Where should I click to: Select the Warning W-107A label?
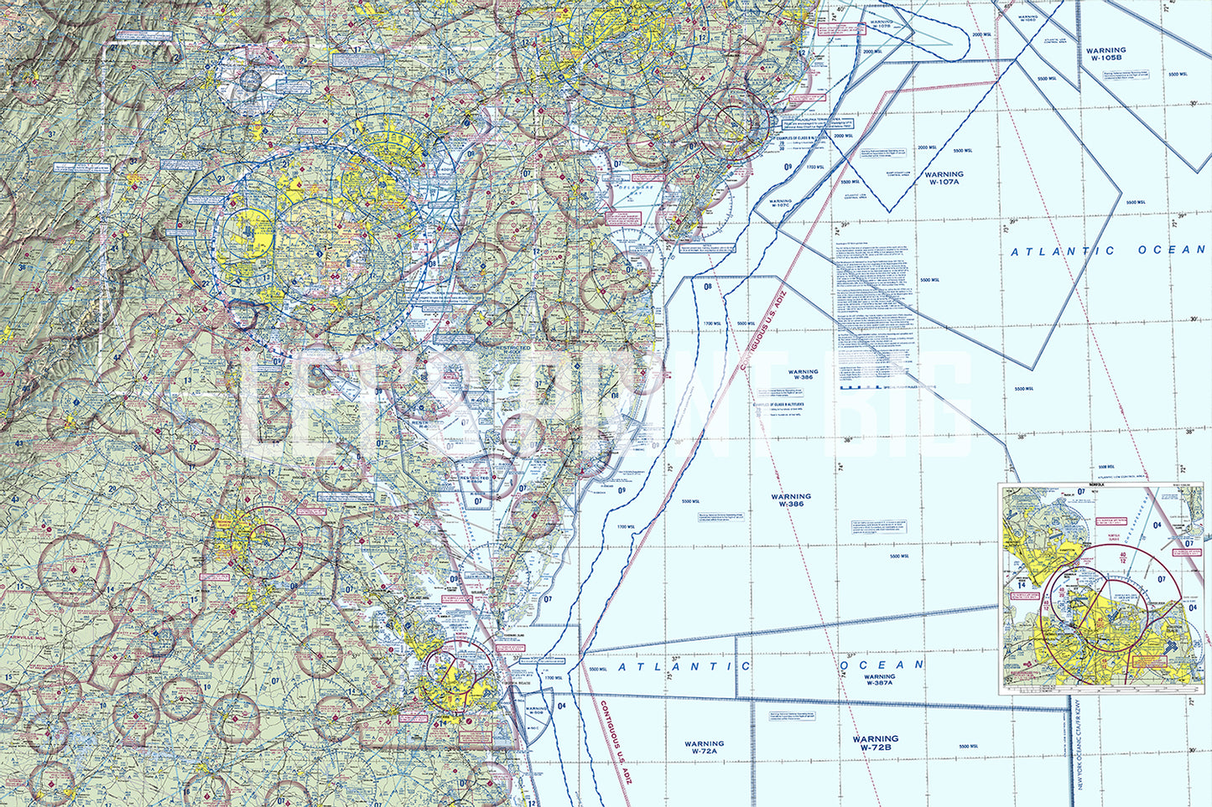pyautogui.click(x=944, y=178)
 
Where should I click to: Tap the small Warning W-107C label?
pyautogui.click(x=779, y=204)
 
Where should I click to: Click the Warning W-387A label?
pyautogui.click(x=879, y=680)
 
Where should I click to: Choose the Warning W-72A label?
pyautogui.click(x=704, y=748)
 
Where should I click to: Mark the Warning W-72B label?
pyautogui.click(x=875, y=743)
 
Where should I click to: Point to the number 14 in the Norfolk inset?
pyautogui.click(x=1022, y=584)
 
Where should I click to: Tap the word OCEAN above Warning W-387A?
pyautogui.click(x=882, y=665)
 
